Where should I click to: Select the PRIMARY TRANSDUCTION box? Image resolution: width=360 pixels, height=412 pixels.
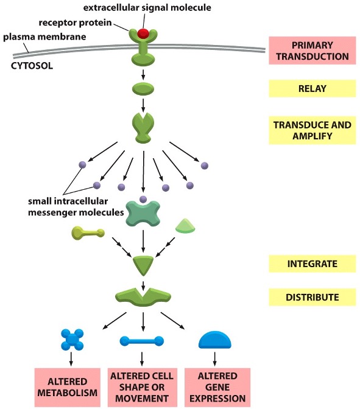311,51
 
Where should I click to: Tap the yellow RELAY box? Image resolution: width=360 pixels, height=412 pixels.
311,89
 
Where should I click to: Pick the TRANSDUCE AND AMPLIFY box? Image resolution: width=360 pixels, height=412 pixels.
311,131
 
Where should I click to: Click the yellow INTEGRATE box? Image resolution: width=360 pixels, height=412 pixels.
311,264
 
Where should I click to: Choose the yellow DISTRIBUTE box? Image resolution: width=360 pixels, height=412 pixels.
311,297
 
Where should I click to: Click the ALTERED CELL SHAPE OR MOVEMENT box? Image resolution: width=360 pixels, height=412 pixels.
142,387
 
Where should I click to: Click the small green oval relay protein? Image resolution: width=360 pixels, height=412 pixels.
143,89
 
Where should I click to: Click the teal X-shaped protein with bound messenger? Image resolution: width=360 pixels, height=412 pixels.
143,214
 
